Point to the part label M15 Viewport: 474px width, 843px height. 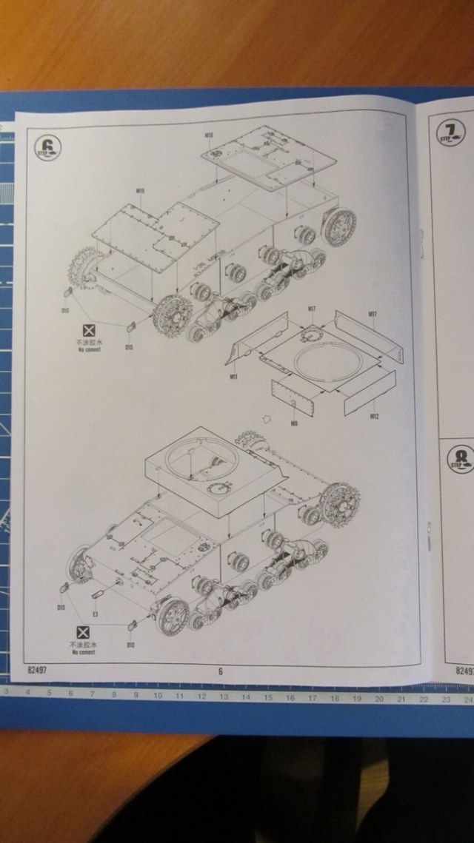tap(140, 191)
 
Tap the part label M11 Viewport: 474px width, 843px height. tap(233, 377)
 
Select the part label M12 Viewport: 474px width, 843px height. tap(375, 417)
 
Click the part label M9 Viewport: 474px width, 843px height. tap(294, 423)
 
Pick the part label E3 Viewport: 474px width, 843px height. tap(96, 613)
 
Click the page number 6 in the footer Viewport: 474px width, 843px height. tap(220, 672)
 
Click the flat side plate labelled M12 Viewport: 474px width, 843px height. tap(368, 391)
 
